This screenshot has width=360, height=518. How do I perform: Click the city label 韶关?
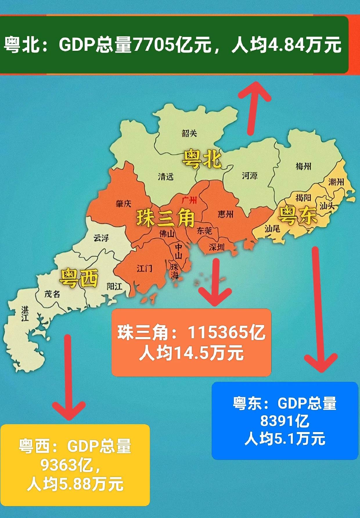point(189,133)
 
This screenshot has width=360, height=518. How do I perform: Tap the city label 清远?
point(165,176)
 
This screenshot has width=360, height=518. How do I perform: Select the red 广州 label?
point(189,200)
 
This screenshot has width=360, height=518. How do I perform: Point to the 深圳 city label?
point(217,247)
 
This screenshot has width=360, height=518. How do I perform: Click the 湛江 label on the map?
point(25,313)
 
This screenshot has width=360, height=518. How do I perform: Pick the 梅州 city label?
point(303,166)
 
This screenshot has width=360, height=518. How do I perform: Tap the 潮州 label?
point(336,182)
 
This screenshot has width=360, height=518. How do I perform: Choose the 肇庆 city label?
point(123,204)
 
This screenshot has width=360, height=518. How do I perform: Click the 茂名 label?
point(52,294)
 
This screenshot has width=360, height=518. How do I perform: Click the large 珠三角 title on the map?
point(165,218)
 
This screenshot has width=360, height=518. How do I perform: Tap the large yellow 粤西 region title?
point(78,278)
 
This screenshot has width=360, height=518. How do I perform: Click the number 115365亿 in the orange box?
point(226,332)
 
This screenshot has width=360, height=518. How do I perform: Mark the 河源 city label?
point(250,176)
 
